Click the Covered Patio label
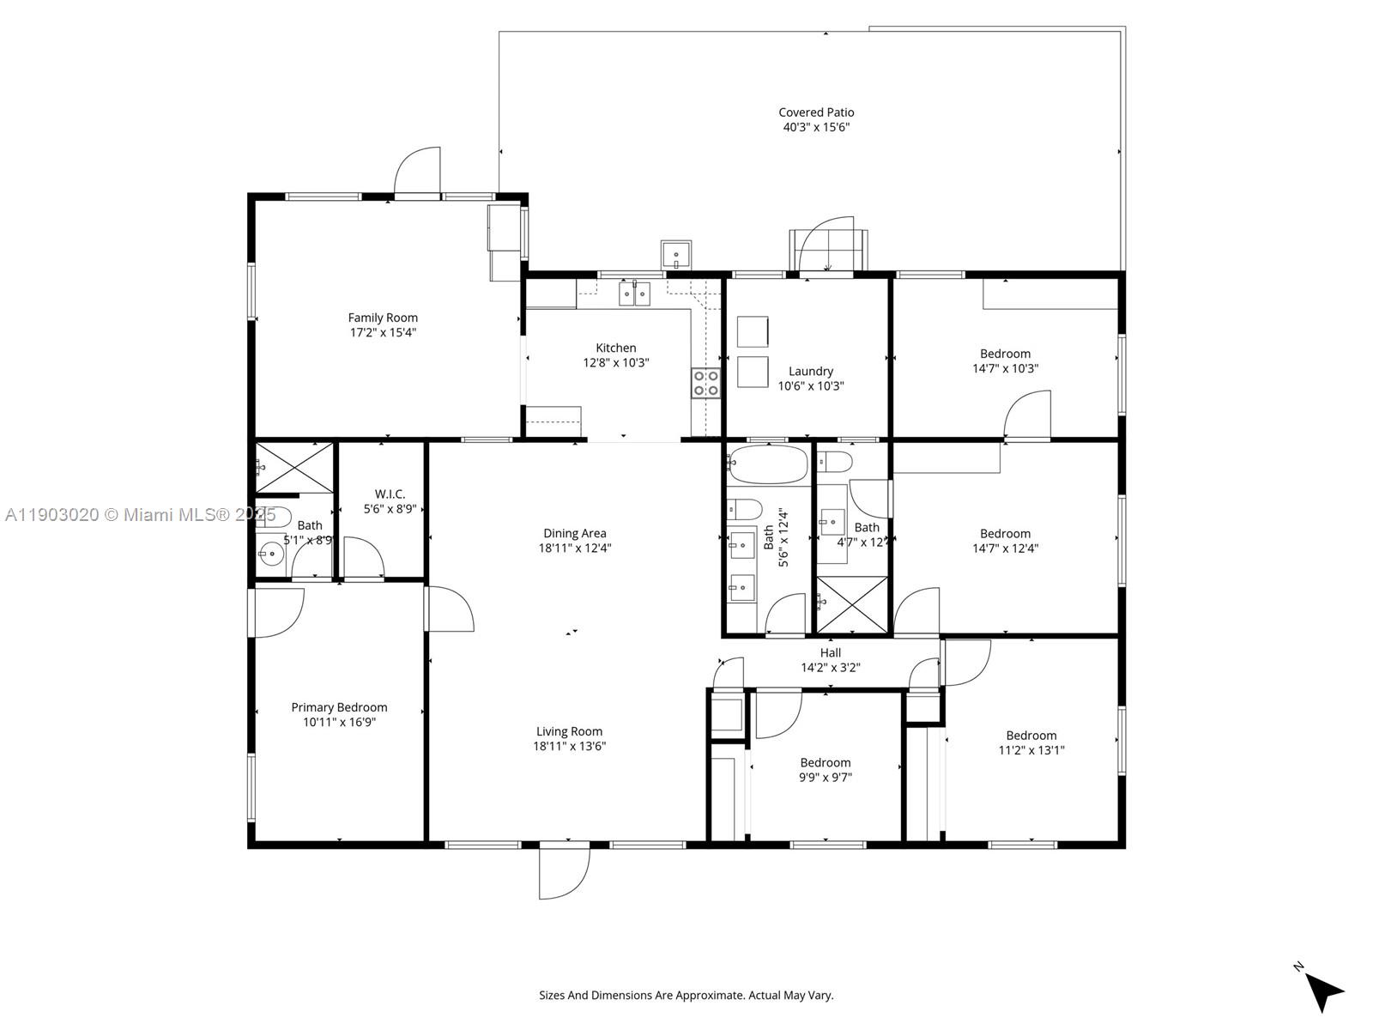coord(815,112)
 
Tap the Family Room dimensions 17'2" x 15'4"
coord(383,332)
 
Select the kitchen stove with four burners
coord(705,383)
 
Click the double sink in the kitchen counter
coord(635,294)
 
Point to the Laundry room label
coord(810,371)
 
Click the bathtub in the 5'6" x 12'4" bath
coord(768,463)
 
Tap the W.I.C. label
coord(390,494)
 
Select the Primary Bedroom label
coord(339,707)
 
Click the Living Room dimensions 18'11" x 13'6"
coord(569,746)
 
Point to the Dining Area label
coord(574,533)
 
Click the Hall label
coord(830,652)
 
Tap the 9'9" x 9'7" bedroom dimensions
coord(826,778)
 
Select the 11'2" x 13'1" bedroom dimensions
coord(1031,749)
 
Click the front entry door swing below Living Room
coord(565,871)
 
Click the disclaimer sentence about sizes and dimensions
coord(686,996)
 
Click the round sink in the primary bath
coord(272,554)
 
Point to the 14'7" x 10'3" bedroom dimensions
coord(1005,368)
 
